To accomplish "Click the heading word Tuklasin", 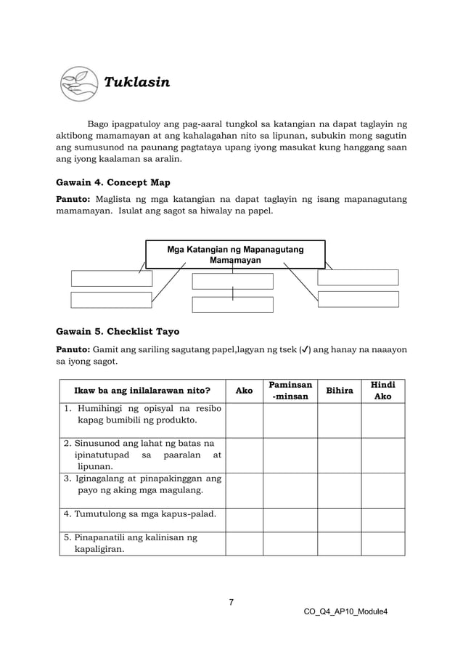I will point(137,82).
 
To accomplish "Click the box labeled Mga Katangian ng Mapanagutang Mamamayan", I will point(235,255).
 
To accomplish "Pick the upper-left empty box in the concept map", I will point(112,278).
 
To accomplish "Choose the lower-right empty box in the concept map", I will point(358,299).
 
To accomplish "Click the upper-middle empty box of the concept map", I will point(232,281).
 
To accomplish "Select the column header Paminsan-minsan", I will point(290,391).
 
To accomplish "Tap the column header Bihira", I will point(339,391).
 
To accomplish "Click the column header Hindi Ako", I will point(382,391).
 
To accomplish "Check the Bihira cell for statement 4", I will point(339,520).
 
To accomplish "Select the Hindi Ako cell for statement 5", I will point(382,543).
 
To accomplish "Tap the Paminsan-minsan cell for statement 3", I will point(290,490).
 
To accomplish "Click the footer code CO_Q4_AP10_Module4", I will point(346,611).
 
